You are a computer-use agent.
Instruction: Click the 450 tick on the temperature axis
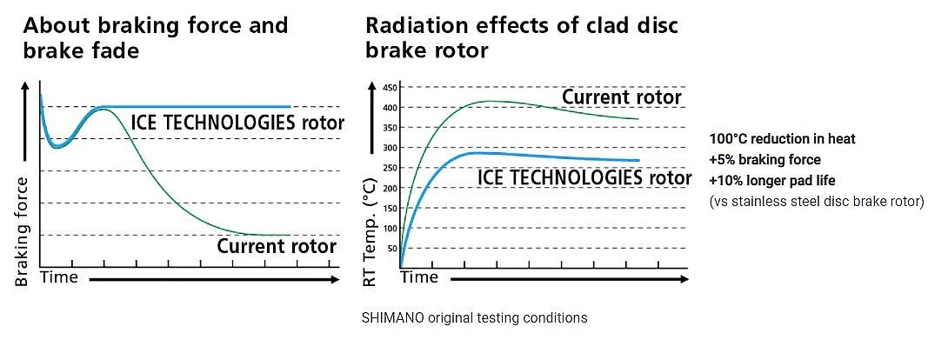[389, 88]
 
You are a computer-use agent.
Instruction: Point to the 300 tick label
[389, 148]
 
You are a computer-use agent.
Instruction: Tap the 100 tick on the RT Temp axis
[389, 228]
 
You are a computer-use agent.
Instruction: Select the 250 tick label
[389, 168]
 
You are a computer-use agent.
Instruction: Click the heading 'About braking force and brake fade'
[155, 37]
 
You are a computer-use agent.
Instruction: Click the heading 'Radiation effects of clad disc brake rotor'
[522, 37]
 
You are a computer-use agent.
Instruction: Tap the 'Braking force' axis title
[23, 232]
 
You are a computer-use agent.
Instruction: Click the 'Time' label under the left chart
[59, 277]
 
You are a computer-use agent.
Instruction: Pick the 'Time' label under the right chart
[419, 277]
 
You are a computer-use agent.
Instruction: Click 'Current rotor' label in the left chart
[277, 247]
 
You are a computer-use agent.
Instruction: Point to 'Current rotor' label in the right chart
[621, 97]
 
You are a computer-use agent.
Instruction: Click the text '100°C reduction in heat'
[783, 139]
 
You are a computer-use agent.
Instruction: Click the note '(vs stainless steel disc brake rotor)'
[817, 202]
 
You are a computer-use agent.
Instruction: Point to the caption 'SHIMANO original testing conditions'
[474, 318]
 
